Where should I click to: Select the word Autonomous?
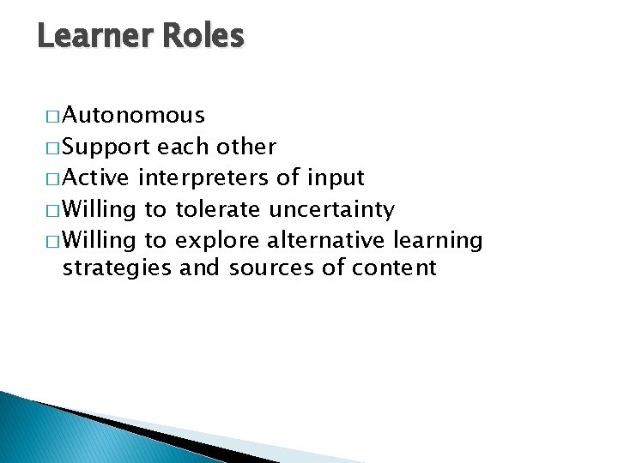click(x=133, y=115)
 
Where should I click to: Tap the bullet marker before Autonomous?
click(x=53, y=116)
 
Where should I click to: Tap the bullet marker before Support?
click(x=53, y=147)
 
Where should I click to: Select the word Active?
click(x=97, y=177)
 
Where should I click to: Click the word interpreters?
click(x=202, y=178)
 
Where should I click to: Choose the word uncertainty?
click(x=331, y=209)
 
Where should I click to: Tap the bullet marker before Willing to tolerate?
click(x=53, y=209)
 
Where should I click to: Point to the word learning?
click(x=439, y=239)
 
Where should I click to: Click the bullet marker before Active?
click(x=53, y=178)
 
